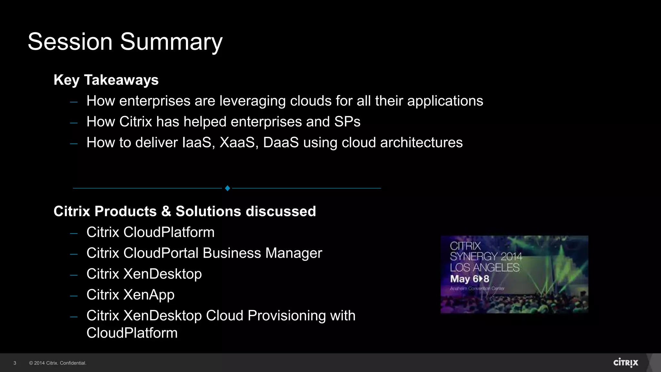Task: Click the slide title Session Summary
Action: pyautogui.click(x=125, y=42)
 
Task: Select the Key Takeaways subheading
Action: pyautogui.click(x=106, y=80)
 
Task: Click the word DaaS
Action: pyautogui.click(x=281, y=143)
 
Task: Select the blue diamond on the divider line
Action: pyautogui.click(x=227, y=188)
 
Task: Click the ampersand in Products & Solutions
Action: pyautogui.click(x=166, y=212)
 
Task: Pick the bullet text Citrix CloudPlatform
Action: pyautogui.click(x=150, y=232)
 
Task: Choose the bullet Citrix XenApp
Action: pyautogui.click(x=130, y=295)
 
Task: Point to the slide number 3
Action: pyautogui.click(x=15, y=363)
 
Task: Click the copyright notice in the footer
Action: pyautogui.click(x=58, y=363)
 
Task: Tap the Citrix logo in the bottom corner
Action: pyautogui.click(x=625, y=363)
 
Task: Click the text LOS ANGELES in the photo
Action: pyautogui.click(x=484, y=268)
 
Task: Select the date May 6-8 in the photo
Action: pyautogui.click(x=470, y=279)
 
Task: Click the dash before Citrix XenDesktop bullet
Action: pyautogui.click(x=74, y=275)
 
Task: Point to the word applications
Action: pyautogui.click(x=445, y=101)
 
